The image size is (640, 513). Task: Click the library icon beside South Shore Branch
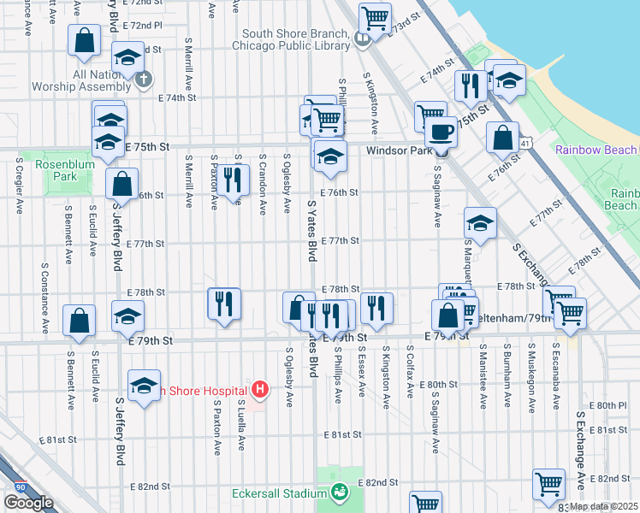click(363, 38)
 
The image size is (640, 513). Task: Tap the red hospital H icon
click(261, 391)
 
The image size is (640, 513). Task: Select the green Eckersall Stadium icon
click(340, 492)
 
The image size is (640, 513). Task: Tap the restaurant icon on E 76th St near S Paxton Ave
click(230, 179)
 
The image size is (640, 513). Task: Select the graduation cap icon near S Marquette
click(480, 223)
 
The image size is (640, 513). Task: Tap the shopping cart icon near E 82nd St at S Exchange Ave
click(548, 483)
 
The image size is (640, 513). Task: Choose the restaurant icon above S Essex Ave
click(376, 307)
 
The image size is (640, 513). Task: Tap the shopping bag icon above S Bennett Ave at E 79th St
click(79, 320)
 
